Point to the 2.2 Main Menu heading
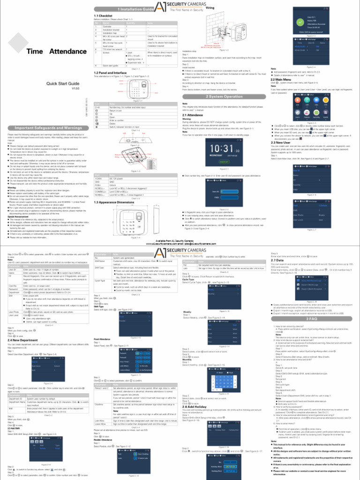pos(281,79)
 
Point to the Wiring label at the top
pos(223,8)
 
